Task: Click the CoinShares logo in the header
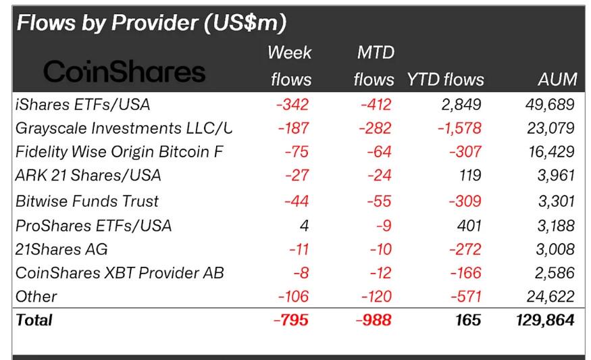124,71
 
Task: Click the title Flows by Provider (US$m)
151,23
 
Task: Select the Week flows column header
290,66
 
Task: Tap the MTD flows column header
374,66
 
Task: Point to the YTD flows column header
445,80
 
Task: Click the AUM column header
557,80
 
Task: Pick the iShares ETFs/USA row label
82,105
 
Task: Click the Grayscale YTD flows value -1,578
459,128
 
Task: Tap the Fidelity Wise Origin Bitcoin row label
119,152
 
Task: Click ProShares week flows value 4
304,225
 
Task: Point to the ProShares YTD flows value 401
468,225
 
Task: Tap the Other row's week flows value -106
292,297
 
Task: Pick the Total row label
34,319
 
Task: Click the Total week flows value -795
291,319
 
